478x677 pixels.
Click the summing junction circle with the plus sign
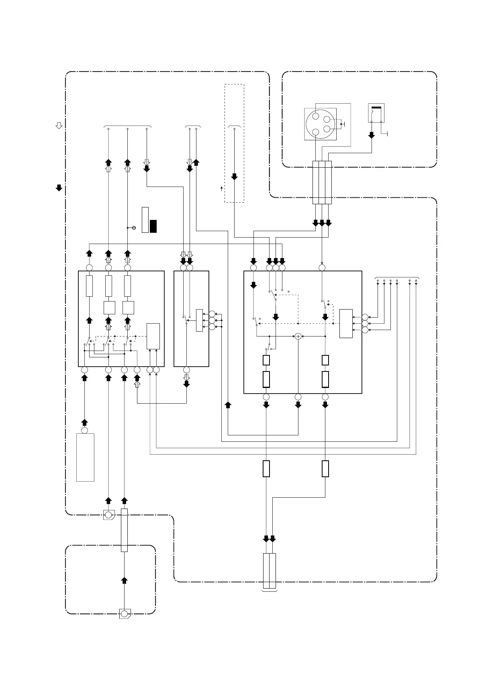298,336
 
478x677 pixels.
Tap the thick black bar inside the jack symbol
376,108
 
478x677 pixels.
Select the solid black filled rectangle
153,226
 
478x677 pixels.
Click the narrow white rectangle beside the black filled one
145,220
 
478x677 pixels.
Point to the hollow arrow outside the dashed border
59,125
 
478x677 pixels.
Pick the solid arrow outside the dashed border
59,188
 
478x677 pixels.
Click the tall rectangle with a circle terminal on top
85,457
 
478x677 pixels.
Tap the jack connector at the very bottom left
124,614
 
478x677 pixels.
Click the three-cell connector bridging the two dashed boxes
322,183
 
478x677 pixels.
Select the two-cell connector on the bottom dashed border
270,571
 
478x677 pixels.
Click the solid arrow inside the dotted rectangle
235,176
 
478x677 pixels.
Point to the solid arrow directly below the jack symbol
372,135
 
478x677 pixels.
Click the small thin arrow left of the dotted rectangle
221,188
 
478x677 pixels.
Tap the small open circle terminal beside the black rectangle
134,228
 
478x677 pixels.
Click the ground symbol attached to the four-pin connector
343,124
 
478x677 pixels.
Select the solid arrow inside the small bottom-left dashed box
125,580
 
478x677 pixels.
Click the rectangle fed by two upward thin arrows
153,336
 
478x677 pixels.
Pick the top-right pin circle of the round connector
327,120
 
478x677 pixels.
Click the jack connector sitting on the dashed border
108,515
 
